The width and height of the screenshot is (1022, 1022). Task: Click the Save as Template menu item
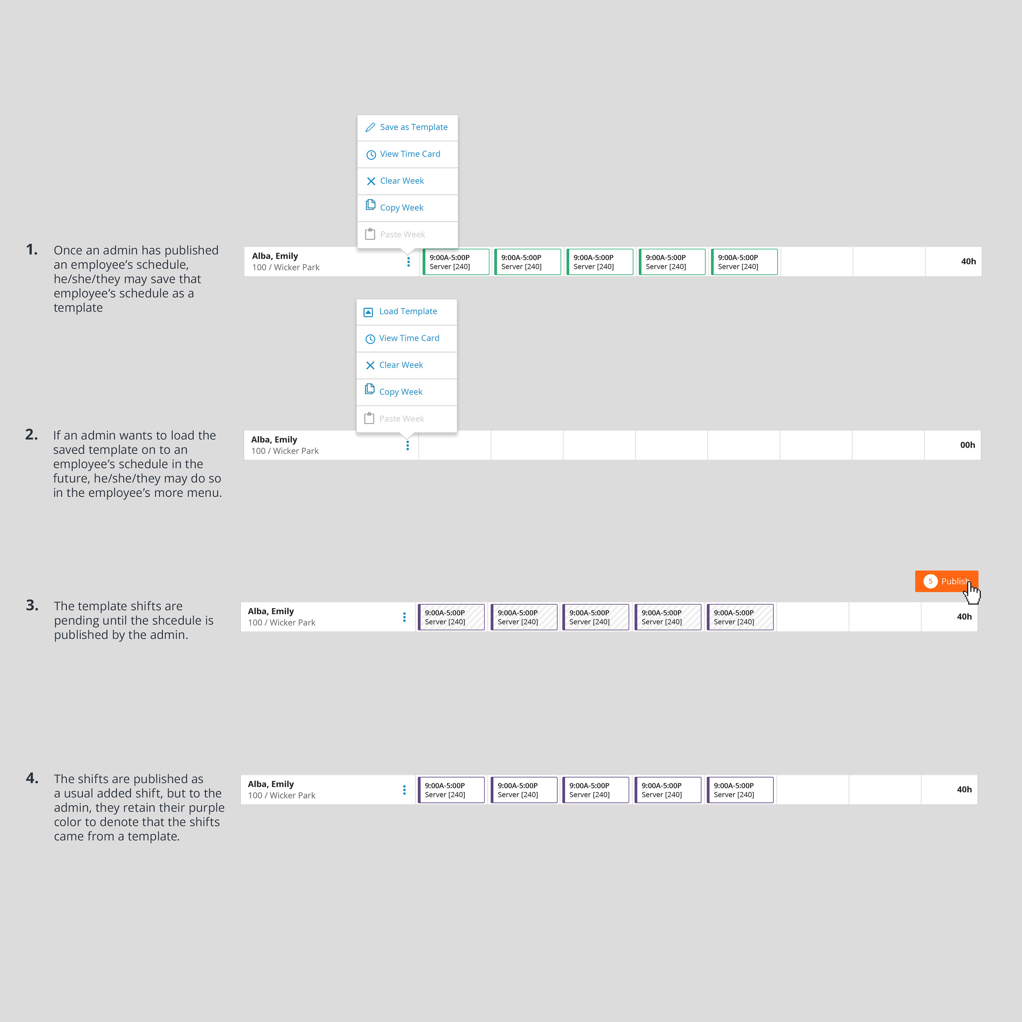click(407, 127)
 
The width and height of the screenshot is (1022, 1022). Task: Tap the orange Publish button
click(946, 582)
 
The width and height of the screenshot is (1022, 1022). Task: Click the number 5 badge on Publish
click(930, 582)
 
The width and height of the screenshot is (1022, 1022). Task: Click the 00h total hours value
click(967, 445)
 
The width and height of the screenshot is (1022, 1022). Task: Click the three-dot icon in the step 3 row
click(404, 617)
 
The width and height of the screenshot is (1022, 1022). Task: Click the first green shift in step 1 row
click(456, 262)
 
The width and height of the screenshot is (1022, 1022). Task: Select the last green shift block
click(744, 262)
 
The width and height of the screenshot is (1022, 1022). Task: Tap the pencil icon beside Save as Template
click(370, 127)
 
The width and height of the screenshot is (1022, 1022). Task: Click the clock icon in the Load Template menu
click(370, 339)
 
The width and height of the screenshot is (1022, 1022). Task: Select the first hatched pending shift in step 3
click(451, 617)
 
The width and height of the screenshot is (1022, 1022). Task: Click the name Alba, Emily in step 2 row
click(274, 439)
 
